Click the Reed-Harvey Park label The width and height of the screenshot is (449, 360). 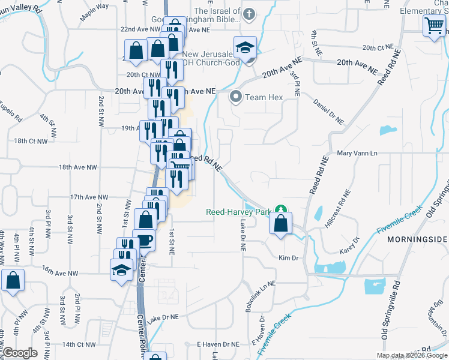coord(238,212)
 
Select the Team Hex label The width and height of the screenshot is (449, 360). coord(264,97)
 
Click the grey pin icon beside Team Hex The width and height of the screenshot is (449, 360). coord(237,97)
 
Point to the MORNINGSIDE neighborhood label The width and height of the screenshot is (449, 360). coord(417,239)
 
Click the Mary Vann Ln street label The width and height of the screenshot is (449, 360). coord(357,154)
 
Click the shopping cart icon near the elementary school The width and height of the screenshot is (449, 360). coord(434,26)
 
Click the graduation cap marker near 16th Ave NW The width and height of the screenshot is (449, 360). coord(122,269)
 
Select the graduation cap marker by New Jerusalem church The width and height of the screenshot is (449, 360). coord(245,47)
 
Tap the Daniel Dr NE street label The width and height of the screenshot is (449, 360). coord(328,112)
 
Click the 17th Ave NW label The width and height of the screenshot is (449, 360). coord(89,197)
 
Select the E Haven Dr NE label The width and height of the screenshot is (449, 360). coord(218,344)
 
